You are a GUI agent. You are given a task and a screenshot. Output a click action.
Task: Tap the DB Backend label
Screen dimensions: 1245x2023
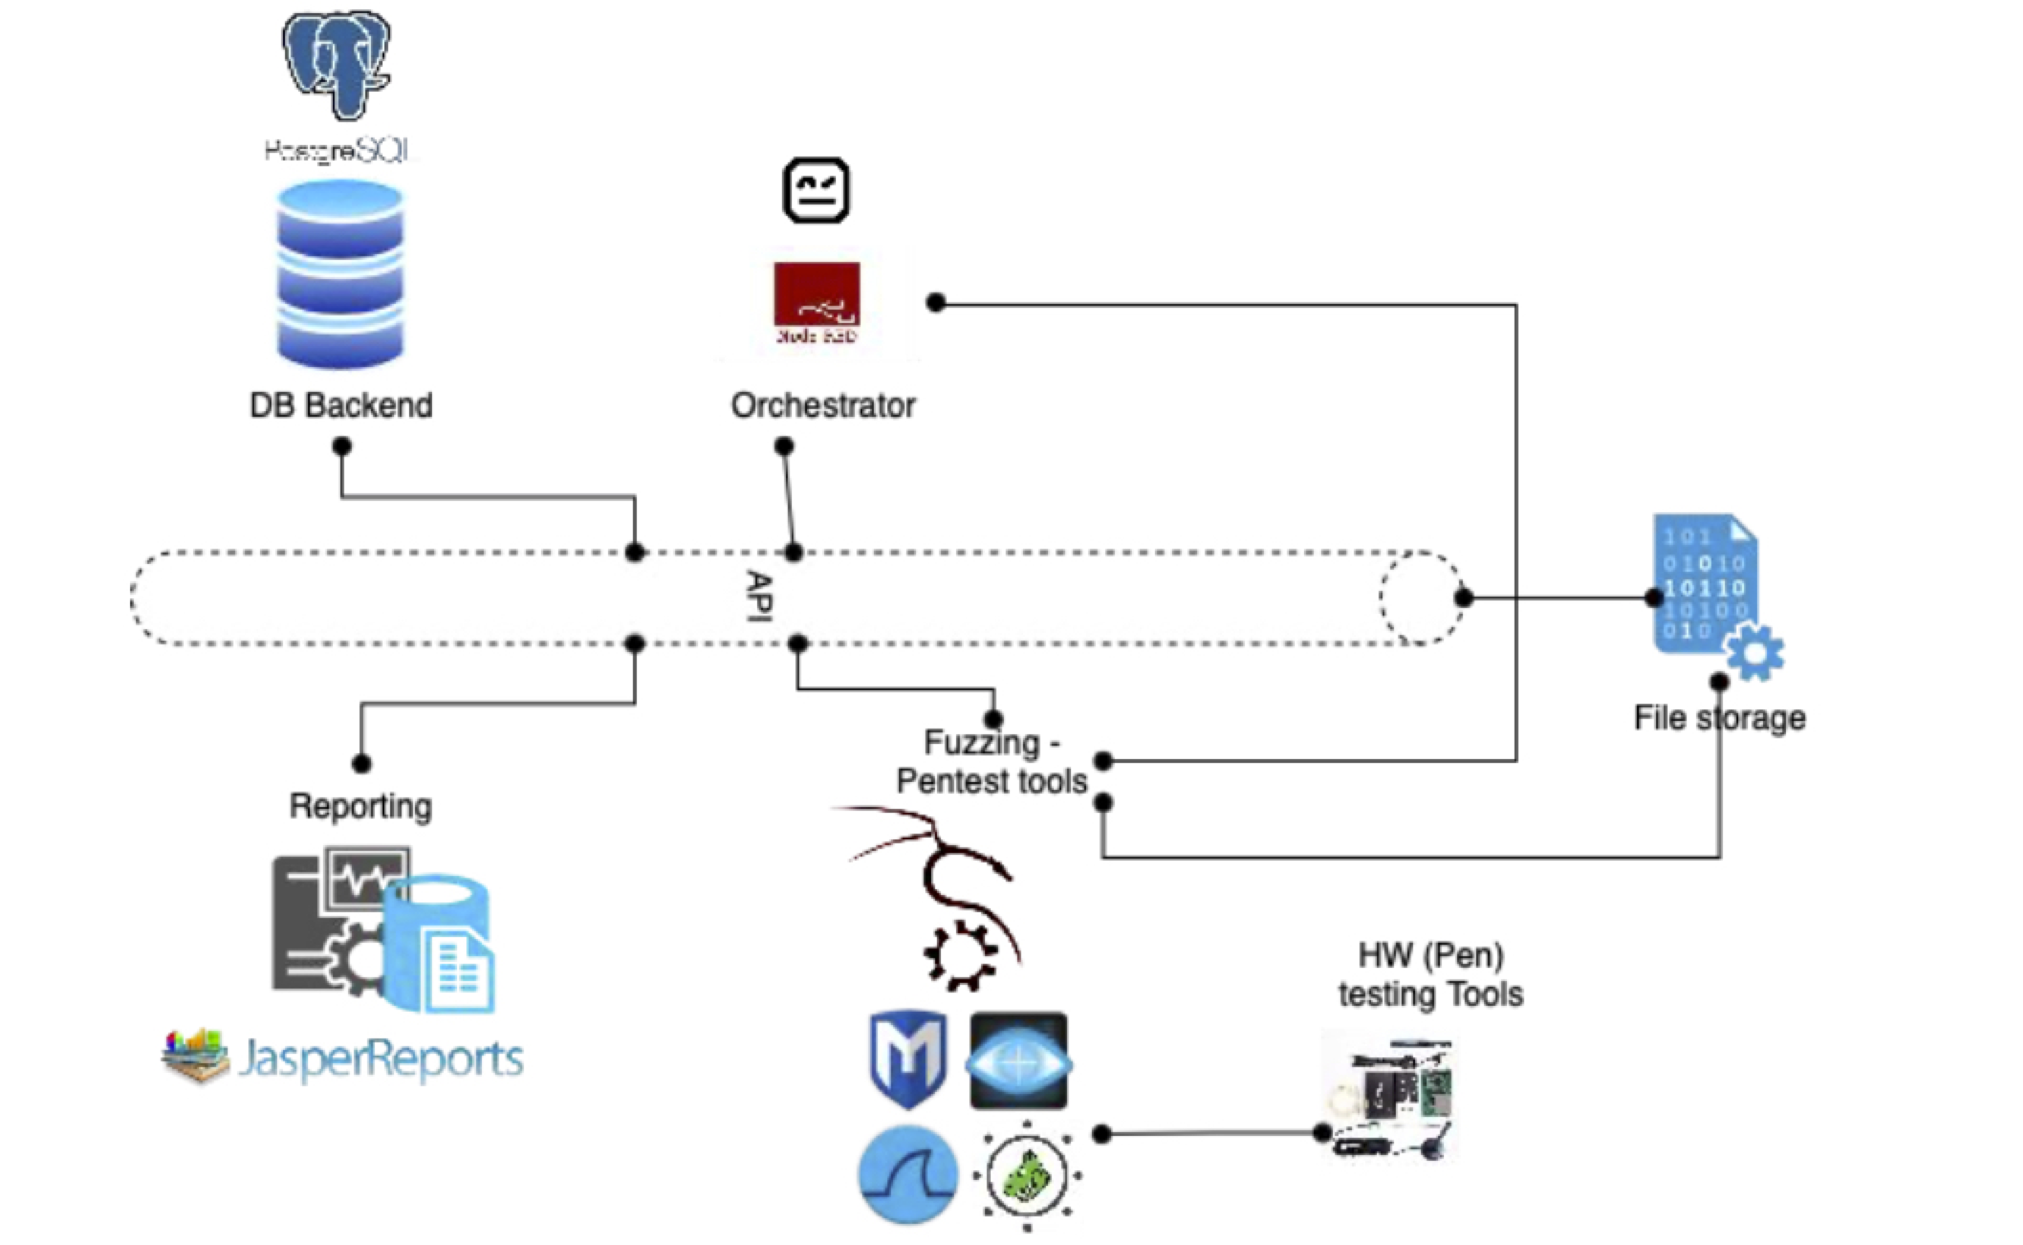pos(341,405)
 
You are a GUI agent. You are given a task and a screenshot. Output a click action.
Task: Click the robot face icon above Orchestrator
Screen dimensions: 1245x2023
pos(816,190)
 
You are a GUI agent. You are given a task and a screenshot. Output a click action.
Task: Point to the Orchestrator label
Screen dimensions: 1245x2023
pos(823,405)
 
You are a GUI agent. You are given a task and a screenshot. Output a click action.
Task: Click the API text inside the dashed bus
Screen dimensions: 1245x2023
pos(758,596)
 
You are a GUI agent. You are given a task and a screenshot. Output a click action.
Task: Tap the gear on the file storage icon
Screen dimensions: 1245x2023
pos(1754,652)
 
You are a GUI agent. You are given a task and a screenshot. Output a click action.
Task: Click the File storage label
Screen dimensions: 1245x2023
pos(1719,718)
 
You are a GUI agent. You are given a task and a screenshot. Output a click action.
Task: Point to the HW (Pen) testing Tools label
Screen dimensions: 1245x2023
pos(1431,975)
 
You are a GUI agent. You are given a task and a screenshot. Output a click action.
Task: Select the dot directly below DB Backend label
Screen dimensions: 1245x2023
pos(341,446)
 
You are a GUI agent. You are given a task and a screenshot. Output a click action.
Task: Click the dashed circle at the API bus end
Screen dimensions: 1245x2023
pos(1421,597)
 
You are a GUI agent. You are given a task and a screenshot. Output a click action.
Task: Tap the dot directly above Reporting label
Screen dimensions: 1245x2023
pos(361,763)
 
